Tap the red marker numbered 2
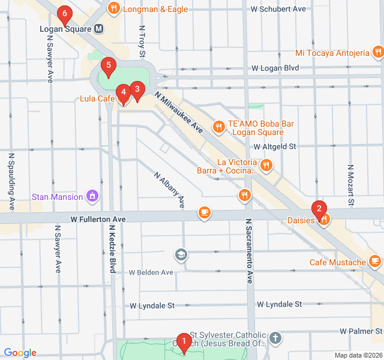[319, 209]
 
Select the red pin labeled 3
[137, 91]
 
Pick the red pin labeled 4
[123, 93]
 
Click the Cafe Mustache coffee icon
[375, 262]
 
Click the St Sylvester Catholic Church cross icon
[275, 338]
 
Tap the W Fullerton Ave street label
[98, 220]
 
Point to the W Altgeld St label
[275, 146]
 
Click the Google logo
[20, 353]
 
